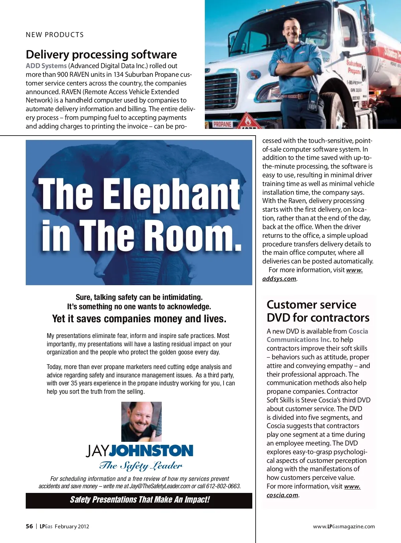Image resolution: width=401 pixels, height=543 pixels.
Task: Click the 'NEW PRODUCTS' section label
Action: coord(55,35)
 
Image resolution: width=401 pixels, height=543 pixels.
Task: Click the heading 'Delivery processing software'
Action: coord(101,54)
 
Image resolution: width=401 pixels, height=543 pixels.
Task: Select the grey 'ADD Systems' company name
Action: coord(46,66)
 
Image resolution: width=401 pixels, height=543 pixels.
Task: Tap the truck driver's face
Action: coord(291,29)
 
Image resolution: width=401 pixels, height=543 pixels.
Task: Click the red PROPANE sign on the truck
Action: coord(222,124)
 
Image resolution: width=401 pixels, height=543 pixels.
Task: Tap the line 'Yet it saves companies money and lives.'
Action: coord(139,319)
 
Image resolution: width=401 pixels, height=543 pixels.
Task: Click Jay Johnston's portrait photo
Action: coord(141,421)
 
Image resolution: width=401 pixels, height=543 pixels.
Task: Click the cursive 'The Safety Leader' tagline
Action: coord(141,466)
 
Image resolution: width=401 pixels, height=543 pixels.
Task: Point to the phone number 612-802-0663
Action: coord(223,486)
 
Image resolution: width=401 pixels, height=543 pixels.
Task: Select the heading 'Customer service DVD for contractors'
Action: coord(318,311)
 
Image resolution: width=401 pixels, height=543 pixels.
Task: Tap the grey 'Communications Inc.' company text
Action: coord(299,340)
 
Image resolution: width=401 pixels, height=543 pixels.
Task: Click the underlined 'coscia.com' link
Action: coord(282,495)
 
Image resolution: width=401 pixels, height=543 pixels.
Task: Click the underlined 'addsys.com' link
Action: coord(279,279)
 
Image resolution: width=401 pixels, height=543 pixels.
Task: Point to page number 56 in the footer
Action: coord(29,526)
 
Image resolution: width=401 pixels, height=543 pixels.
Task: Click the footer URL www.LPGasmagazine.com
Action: coord(344,527)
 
